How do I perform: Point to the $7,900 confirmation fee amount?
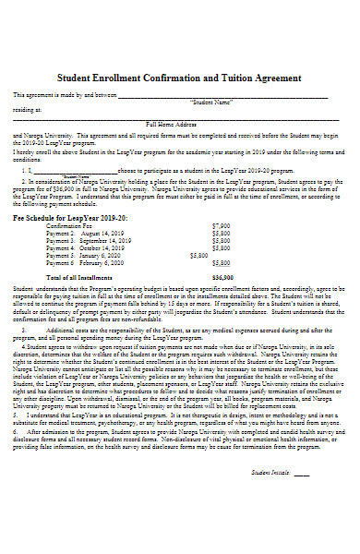tap(221, 225)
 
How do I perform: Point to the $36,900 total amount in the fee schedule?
tap(222, 277)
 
